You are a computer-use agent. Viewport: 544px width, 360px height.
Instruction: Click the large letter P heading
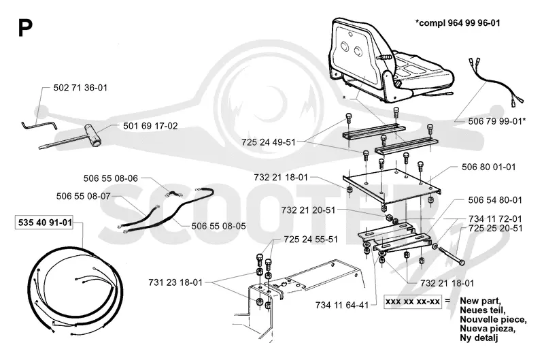(25, 28)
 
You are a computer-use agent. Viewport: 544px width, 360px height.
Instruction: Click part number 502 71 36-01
(80, 88)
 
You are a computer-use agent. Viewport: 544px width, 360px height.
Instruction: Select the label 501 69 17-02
(150, 126)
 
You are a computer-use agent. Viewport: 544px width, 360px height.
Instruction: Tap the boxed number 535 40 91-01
(45, 223)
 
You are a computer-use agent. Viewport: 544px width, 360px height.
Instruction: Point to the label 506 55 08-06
(111, 178)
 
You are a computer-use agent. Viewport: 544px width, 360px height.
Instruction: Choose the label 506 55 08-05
(218, 227)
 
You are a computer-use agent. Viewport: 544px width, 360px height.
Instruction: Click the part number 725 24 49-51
(269, 142)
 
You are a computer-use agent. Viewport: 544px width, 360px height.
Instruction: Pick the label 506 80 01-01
(488, 167)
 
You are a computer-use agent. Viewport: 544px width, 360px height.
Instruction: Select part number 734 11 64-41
(342, 306)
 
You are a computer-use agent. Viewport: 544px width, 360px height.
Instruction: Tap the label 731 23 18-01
(175, 282)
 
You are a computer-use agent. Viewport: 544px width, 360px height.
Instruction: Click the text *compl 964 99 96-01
(458, 23)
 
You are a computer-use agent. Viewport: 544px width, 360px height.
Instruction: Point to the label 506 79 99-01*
(497, 121)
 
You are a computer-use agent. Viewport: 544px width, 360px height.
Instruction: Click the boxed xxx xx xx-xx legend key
(413, 301)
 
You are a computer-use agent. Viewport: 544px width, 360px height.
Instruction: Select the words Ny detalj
(479, 338)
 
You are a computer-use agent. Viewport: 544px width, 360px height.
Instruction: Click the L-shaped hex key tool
(39, 124)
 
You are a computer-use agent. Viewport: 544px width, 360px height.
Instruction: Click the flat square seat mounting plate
(392, 186)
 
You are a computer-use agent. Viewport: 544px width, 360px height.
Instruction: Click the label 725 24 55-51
(311, 240)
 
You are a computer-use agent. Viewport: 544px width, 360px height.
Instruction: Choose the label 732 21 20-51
(309, 210)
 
